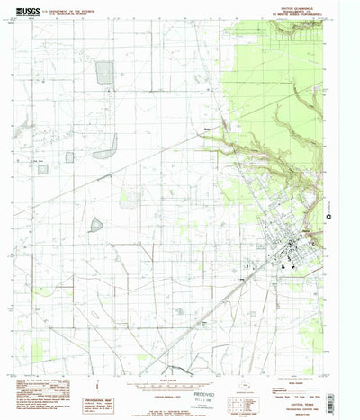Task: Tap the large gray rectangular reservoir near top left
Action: [x=105, y=74]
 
